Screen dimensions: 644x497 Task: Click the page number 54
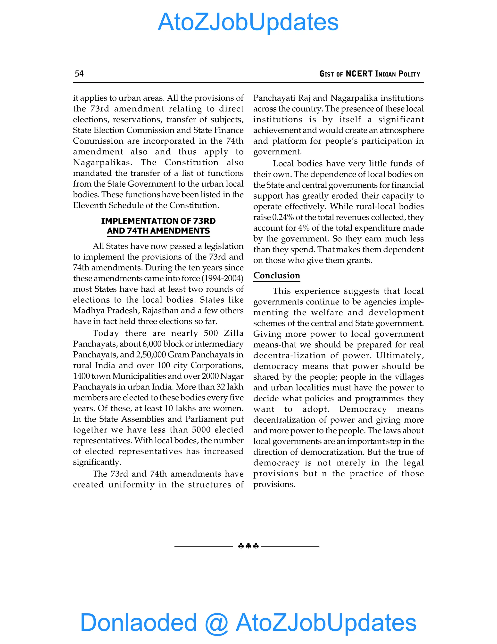point(79,73)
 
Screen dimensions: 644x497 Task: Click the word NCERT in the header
point(359,74)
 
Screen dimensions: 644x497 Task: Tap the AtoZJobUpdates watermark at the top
point(248,22)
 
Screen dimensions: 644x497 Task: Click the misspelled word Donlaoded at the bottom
point(138,622)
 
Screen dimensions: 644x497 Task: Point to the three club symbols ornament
point(248,546)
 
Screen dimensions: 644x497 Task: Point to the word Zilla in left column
point(233,333)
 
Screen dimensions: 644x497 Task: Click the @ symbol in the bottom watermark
point(216,623)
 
